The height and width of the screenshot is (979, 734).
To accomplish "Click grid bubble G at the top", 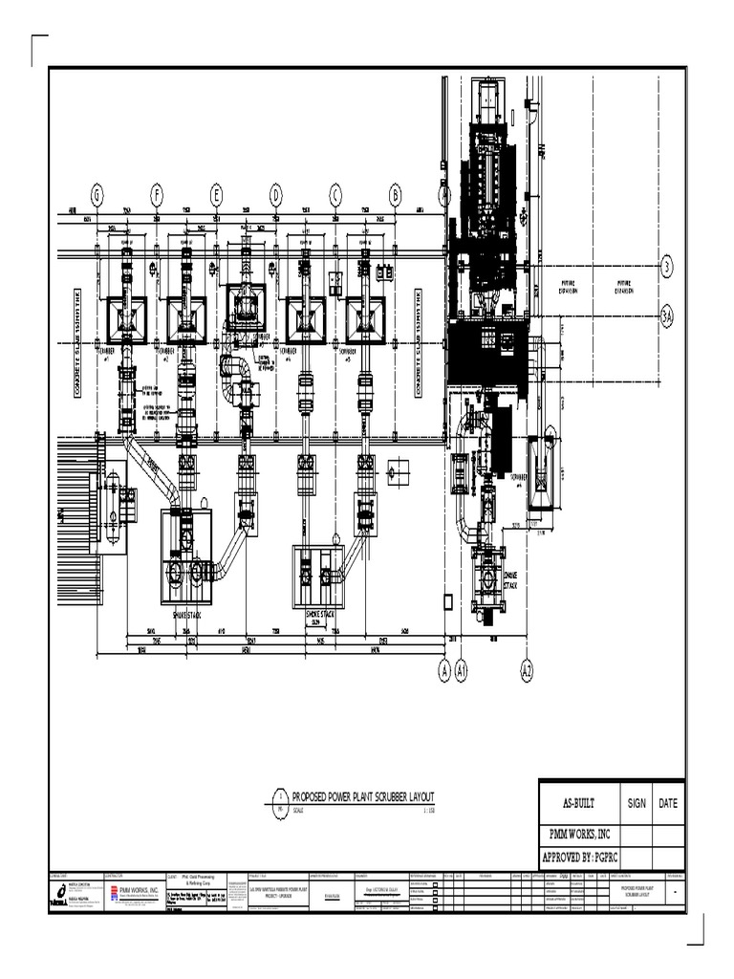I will pyautogui.click(x=97, y=195).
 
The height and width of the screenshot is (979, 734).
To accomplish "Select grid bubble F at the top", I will pyautogui.click(x=156, y=195).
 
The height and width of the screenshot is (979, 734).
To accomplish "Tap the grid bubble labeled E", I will pyautogui.click(x=216, y=195).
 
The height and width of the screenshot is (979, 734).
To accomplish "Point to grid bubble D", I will pyautogui.click(x=276, y=195).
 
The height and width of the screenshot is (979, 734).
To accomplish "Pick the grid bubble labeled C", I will pyautogui.click(x=335, y=195).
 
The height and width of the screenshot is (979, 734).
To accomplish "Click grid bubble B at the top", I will pyautogui.click(x=395, y=195).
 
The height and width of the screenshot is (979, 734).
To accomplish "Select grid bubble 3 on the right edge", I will pyautogui.click(x=667, y=266).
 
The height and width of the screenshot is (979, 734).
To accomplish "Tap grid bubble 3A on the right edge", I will pyautogui.click(x=667, y=315).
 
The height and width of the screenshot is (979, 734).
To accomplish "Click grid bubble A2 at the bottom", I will pyautogui.click(x=527, y=673).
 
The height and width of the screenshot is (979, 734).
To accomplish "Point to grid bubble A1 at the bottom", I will pyautogui.click(x=463, y=673).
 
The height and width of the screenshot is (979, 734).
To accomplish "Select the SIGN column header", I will pyautogui.click(x=637, y=803).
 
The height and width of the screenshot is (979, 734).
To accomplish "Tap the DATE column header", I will pyautogui.click(x=669, y=803).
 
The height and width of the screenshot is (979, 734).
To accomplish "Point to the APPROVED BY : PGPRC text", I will pyautogui.click(x=580, y=858).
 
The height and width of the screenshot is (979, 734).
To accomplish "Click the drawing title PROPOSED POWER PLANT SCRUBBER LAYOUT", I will pyautogui.click(x=363, y=796).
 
